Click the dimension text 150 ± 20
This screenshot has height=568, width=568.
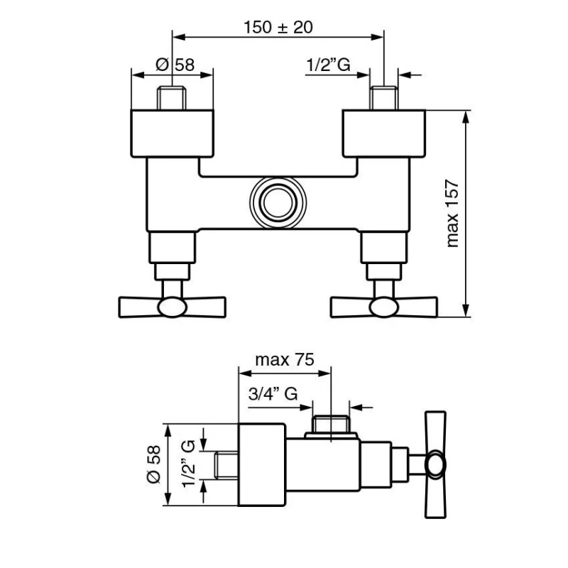pos(278,27)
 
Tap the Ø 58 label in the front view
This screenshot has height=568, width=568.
pos(174,65)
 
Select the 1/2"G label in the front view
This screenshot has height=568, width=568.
pos(328,65)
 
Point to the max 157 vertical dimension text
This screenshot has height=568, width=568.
pos(453,214)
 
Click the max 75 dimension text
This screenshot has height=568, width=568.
pos(285,360)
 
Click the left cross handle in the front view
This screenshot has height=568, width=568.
pos(172,306)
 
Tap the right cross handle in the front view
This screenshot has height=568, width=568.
pos(385,306)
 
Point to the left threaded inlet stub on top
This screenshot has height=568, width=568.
pos(172,98)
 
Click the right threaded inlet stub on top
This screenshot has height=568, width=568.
pos(384,98)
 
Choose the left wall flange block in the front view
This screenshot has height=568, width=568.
pos(172,134)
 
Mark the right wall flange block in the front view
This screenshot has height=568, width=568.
pos(384,134)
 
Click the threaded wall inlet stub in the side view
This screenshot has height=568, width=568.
pos(226,464)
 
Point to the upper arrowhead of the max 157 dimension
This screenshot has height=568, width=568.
pos(466,116)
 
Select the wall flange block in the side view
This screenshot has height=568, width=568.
pos(261,466)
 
